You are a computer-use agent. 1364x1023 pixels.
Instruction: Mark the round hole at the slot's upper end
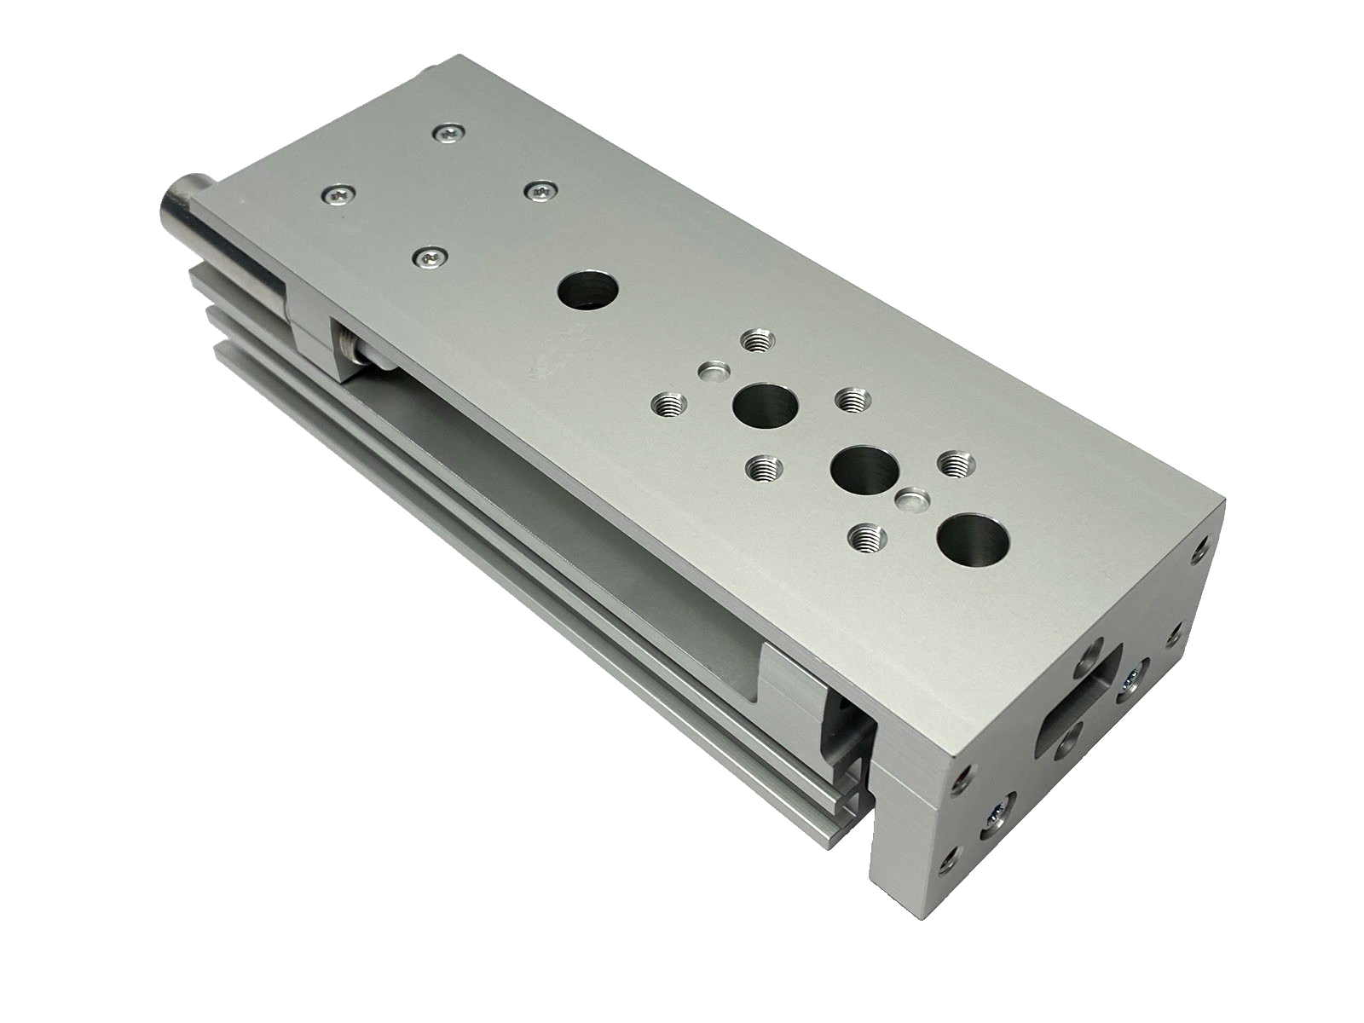click(x=1092, y=660)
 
